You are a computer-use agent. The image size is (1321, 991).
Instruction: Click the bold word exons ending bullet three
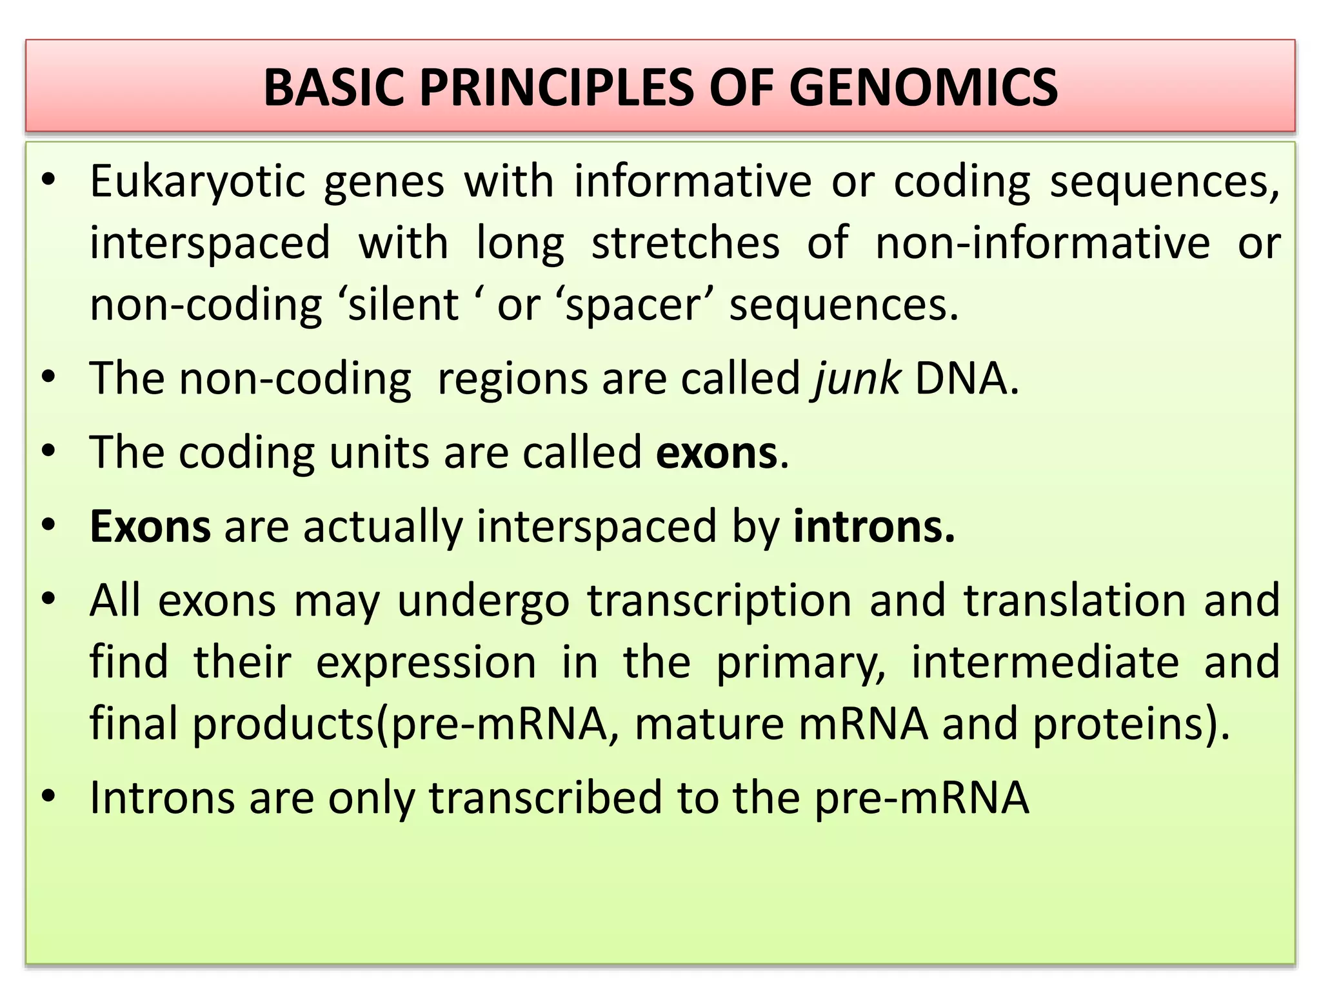coord(717,453)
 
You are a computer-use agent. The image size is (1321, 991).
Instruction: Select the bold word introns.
coord(873,527)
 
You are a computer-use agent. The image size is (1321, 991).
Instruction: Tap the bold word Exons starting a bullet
coord(150,527)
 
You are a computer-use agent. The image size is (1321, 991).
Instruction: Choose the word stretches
coord(685,244)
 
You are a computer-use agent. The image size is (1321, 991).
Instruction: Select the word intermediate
coord(1045,663)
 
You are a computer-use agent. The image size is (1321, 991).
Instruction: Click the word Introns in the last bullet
coord(162,798)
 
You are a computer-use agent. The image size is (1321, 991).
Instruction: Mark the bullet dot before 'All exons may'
coord(48,600)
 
